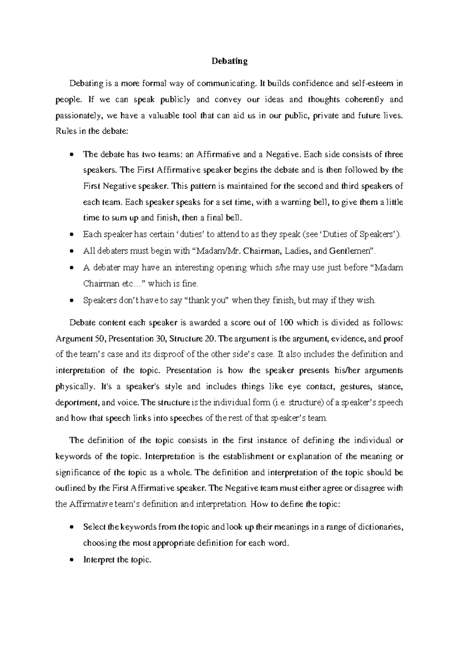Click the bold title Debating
pyautogui.click(x=230, y=61)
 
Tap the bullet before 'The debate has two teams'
pyautogui.click(x=72, y=155)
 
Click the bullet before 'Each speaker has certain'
pyautogui.click(x=72, y=235)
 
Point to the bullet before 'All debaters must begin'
pyautogui.click(x=72, y=251)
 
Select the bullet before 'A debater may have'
pyautogui.click(x=72, y=268)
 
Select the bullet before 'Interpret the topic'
pyautogui.click(x=72, y=560)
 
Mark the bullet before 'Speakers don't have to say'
pyautogui.click(x=72, y=300)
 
